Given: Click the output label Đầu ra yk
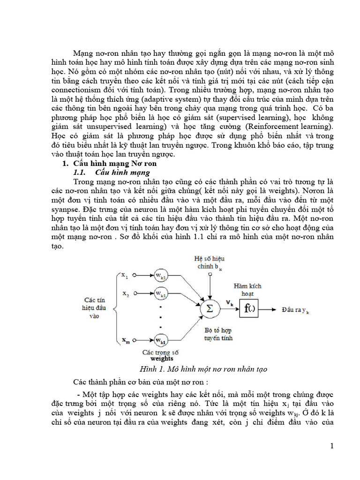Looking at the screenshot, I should pos(296,310).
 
